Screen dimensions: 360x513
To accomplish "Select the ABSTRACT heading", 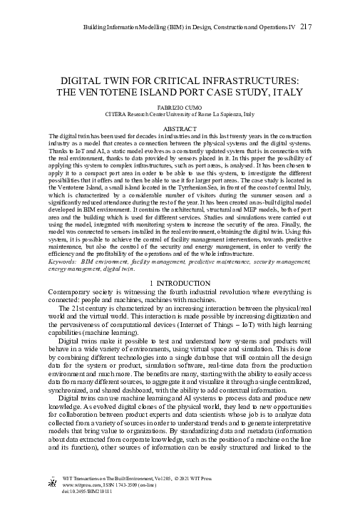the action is click(180, 128).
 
